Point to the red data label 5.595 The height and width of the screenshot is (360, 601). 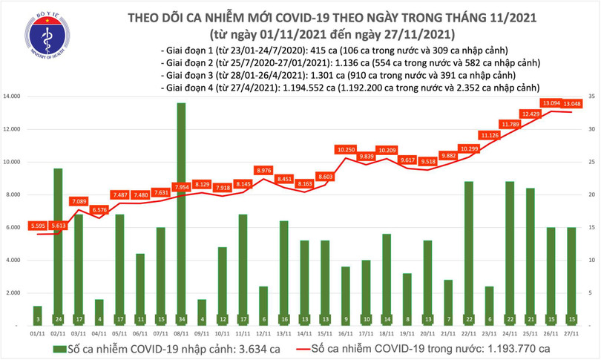[x=37, y=226]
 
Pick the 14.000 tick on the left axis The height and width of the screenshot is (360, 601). [x=13, y=96]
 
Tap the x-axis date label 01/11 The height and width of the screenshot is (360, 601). [x=37, y=334]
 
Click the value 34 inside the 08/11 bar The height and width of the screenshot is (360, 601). [x=181, y=319]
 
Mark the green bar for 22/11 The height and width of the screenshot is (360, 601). [x=469, y=253]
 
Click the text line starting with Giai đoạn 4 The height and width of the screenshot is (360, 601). [x=349, y=88]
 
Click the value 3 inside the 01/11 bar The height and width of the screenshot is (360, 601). [x=37, y=319]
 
